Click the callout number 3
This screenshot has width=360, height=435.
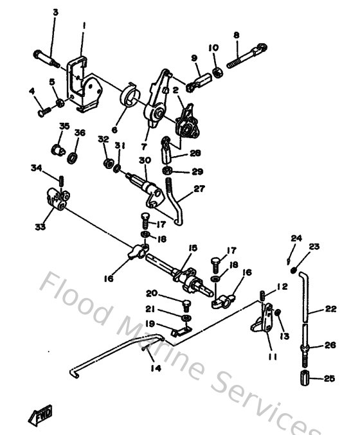(x=55, y=12)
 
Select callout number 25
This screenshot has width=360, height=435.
(x=328, y=379)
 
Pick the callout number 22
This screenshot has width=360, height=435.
(x=330, y=308)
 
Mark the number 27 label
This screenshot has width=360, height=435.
(x=199, y=189)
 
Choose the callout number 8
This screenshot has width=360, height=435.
(x=236, y=35)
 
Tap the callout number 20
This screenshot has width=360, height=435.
(x=152, y=293)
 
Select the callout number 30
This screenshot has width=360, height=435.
(x=144, y=160)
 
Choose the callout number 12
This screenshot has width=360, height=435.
(x=282, y=287)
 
